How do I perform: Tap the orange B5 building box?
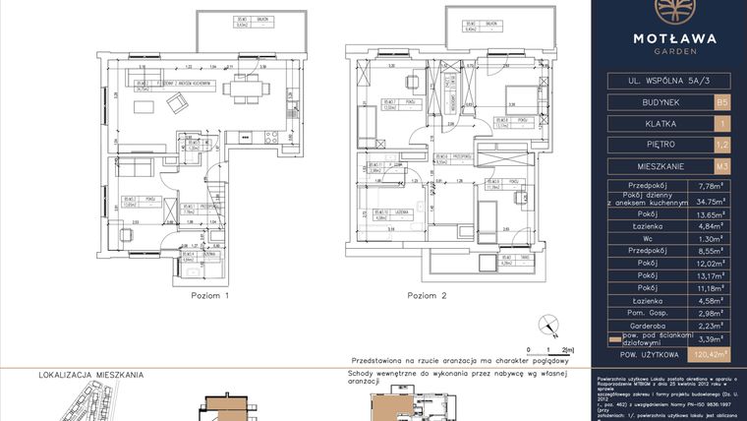[x=722, y=101]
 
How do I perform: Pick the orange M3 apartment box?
[x=722, y=166]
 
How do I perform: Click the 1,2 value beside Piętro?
[x=722, y=145]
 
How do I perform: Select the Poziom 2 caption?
[x=428, y=295]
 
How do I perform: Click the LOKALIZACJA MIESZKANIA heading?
[x=91, y=375]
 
